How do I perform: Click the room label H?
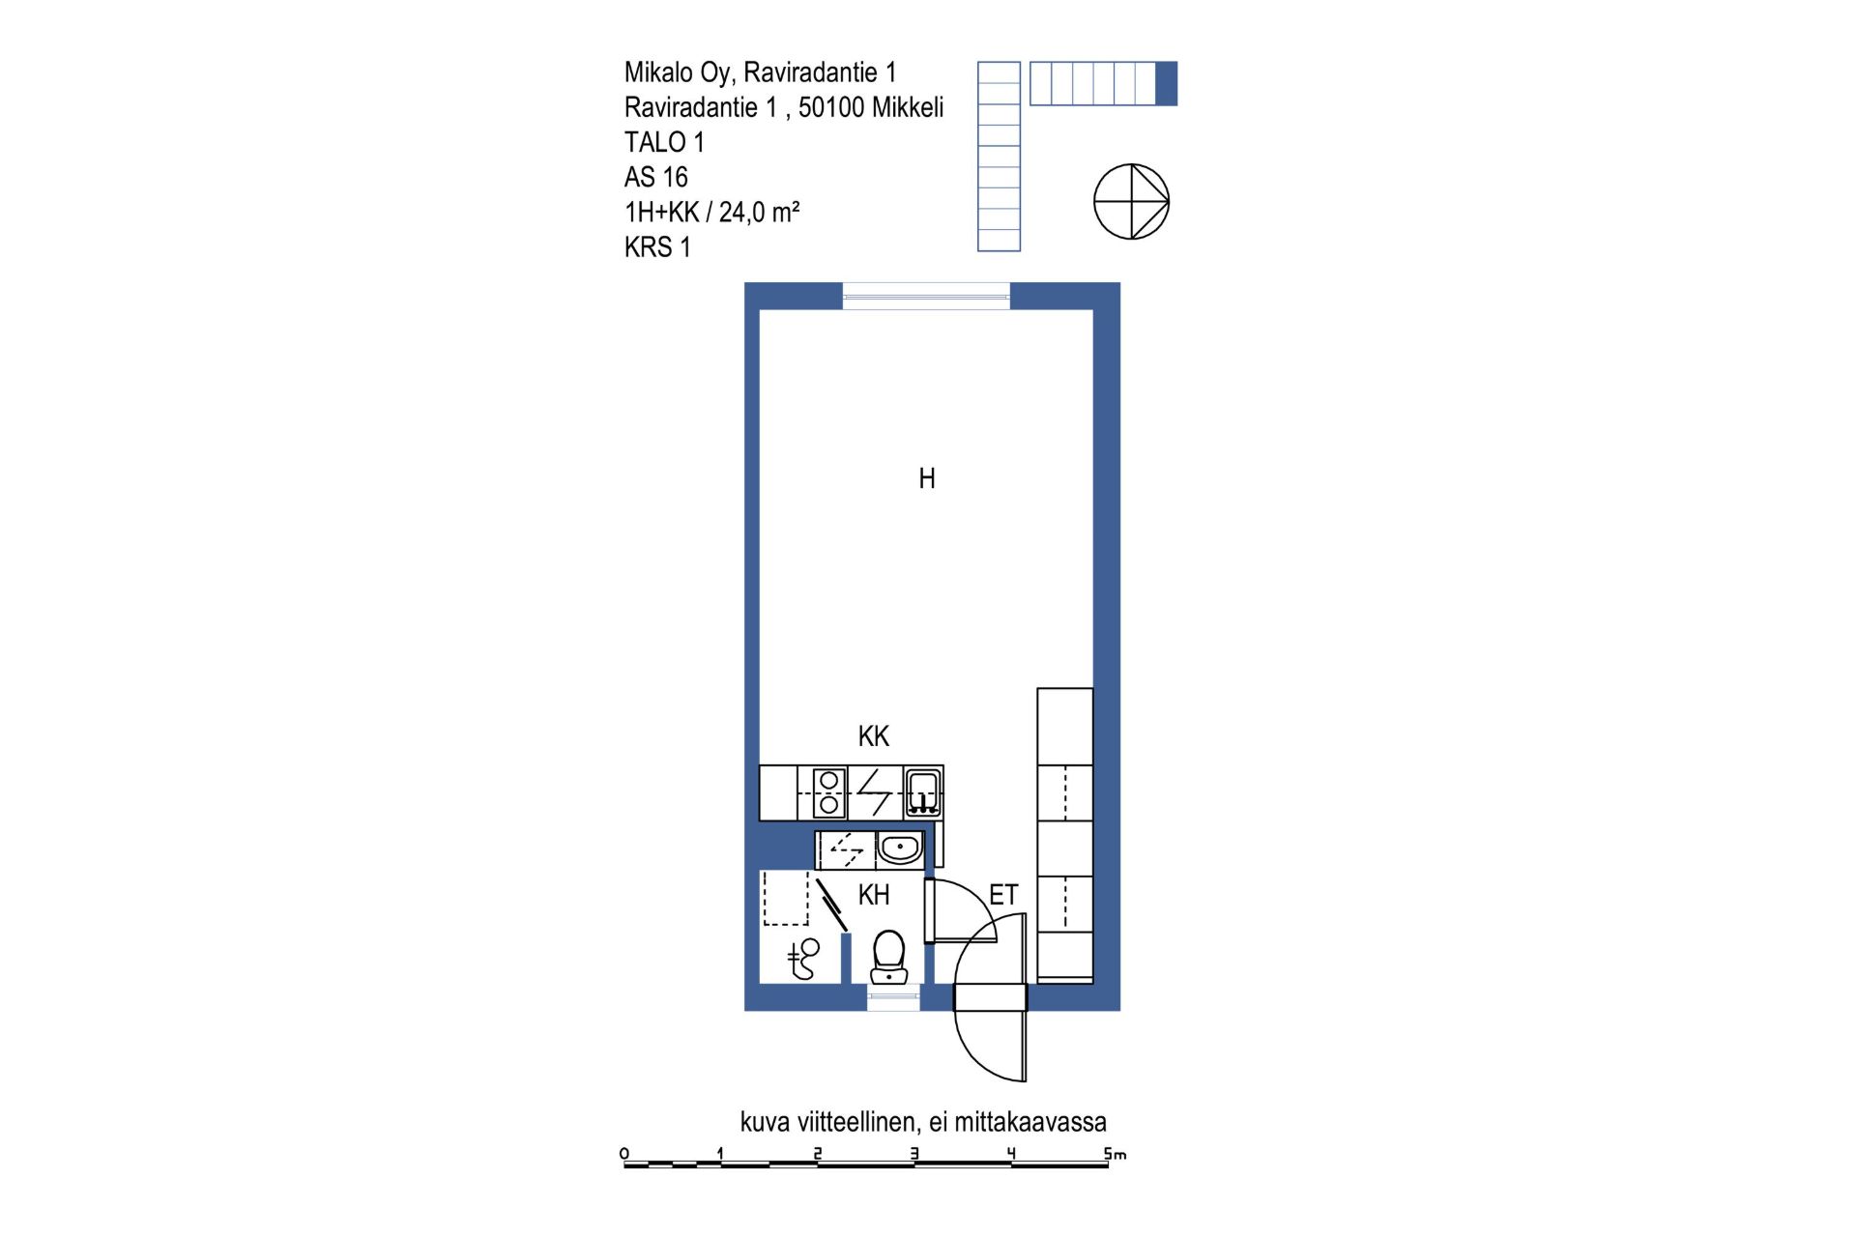coord(927,478)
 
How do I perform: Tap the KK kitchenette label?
coord(874,736)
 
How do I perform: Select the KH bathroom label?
coord(874,895)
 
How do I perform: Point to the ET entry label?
coord(1003,895)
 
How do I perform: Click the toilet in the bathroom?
coord(888,957)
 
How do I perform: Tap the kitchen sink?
coord(923,792)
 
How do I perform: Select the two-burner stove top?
coord(828,792)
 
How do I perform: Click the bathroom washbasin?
coord(900,850)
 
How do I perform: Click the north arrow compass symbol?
coord(1131,202)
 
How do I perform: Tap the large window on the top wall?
coord(926,296)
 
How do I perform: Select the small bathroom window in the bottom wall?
coord(893,998)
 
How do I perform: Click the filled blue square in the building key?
coord(1167,83)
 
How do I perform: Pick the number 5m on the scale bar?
coord(1116,1154)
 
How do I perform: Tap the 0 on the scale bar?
coord(624,1154)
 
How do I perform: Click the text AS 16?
coord(656,178)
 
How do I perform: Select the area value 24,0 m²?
coord(759,213)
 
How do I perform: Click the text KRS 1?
coord(657,247)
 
